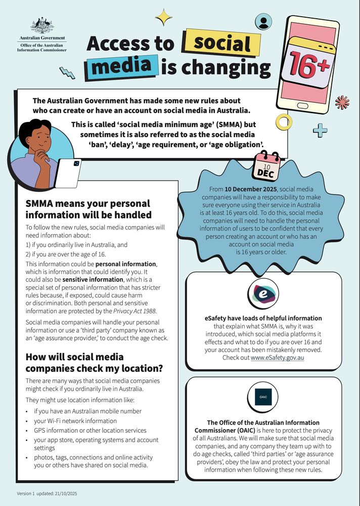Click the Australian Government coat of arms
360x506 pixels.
(42, 25)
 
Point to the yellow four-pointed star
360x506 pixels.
(164, 18)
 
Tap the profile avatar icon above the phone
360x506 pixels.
(263, 21)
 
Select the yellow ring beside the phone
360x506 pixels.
(282, 121)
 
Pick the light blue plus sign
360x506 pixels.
(320, 131)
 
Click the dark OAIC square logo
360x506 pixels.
(263, 398)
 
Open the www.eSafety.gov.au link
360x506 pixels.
(277, 358)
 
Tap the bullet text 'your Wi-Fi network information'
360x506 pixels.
(75, 420)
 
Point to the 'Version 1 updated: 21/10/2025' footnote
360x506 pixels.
(47, 493)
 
